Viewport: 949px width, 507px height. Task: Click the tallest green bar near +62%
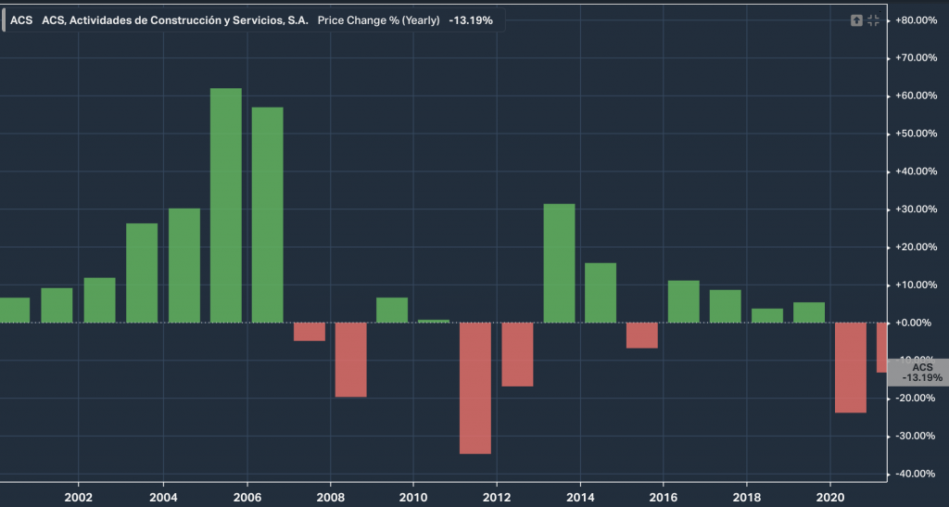pyautogui.click(x=226, y=205)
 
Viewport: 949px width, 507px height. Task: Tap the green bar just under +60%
pyautogui.click(x=268, y=215)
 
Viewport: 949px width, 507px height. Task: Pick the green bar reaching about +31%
pyautogui.click(x=559, y=263)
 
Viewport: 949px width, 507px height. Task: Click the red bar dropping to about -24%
pyautogui.click(x=851, y=367)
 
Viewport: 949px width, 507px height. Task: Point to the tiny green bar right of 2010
pyautogui.click(x=434, y=321)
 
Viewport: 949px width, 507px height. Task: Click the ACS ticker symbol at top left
pyautogui.click(x=21, y=19)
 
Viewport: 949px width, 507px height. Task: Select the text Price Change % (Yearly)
pyautogui.click(x=379, y=19)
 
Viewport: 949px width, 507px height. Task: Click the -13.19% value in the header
pyautogui.click(x=471, y=19)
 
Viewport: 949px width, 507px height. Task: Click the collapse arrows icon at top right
pyautogui.click(x=873, y=20)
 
